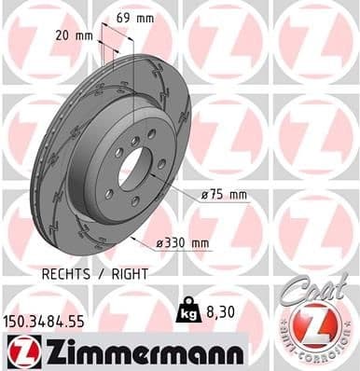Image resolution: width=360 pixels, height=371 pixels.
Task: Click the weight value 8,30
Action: click(x=215, y=305)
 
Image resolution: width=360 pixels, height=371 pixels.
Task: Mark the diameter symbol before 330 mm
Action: click(x=159, y=242)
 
